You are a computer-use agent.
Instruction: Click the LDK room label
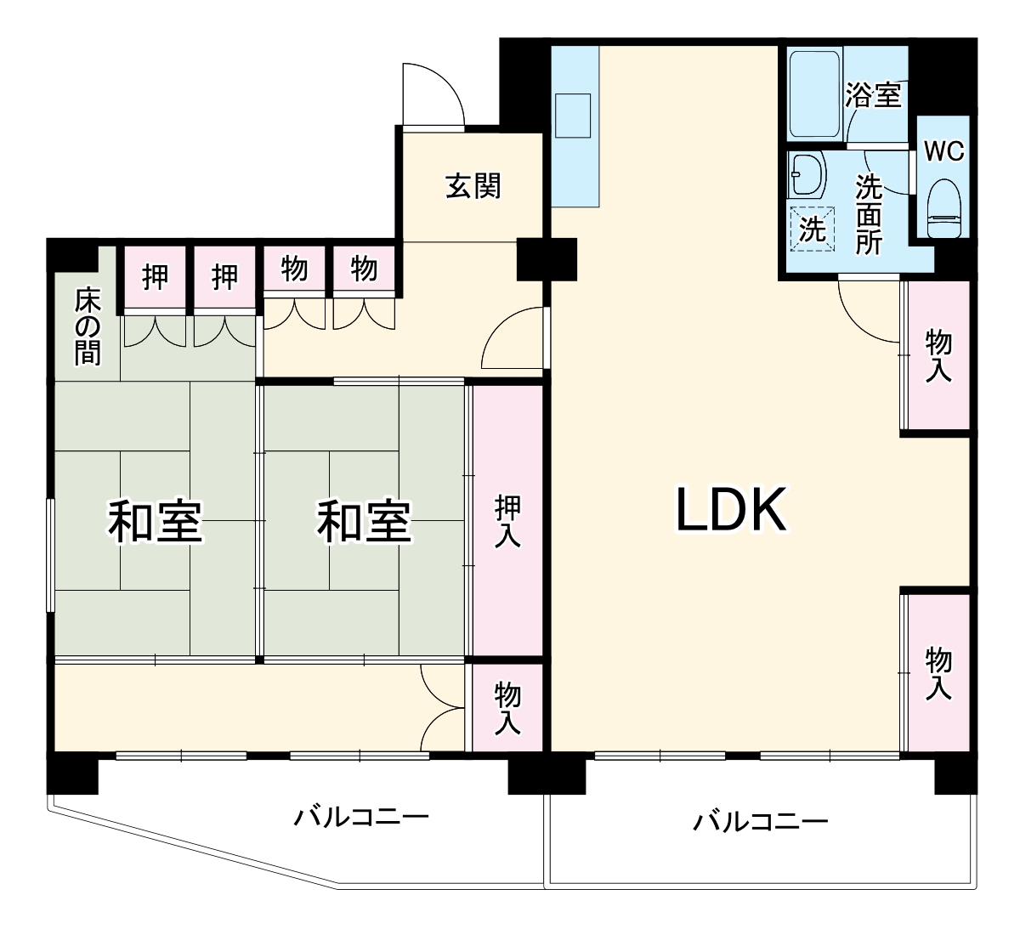pyautogui.click(x=730, y=509)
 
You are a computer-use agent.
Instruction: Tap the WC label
pyautogui.click(x=943, y=151)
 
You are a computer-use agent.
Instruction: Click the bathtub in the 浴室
pyautogui.click(x=815, y=93)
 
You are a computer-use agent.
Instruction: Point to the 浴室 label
pyautogui.click(x=874, y=94)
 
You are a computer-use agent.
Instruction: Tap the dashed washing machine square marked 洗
pyautogui.click(x=813, y=229)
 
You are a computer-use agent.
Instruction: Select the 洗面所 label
pyautogui.click(x=869, y=213)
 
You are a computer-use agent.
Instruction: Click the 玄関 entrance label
pyautogui.click(x=473, y=185)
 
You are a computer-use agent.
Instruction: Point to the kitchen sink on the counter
pyautogui.click(x=572, y=115)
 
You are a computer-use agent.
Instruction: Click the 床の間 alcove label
pyautogui.click(x=87, y=326)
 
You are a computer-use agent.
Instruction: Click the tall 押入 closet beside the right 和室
pyautogui.click(x=507, y=520)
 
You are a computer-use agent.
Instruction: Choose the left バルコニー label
pyautogui.click(x=361, y=818)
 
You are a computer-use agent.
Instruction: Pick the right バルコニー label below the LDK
pyautogui.click(x=760, y=821)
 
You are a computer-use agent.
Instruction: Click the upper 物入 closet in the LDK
pyautogui.click(x=938, y=355)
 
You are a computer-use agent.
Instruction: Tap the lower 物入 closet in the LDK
pyautogui.click(x=938, y=673)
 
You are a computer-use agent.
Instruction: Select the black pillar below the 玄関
pyautogui.click(x=547, y=259)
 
